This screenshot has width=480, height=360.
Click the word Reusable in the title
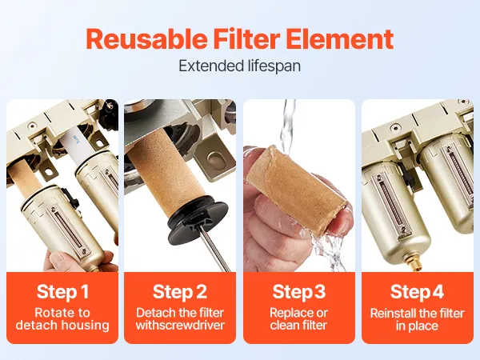pos(146,39)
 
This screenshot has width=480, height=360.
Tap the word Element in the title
pos(340,39)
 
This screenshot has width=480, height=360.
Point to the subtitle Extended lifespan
pos(240,66)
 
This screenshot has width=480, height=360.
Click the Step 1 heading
pos(62,291)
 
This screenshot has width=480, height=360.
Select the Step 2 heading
pos(180,291)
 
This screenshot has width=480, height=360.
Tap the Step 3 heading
pos(299,291)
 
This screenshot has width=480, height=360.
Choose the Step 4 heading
pos(417,291)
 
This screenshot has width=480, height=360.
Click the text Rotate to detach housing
pos(62,319)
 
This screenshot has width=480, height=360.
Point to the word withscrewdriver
pos(180,325)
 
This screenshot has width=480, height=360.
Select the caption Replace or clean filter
pos(299,319)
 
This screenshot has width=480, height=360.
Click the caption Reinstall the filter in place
pos(417,319)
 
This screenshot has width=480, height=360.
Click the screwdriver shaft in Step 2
pos(214,250)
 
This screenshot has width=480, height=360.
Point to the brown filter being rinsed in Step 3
pos(298,188)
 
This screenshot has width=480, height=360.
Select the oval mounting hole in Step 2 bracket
pos(215,159)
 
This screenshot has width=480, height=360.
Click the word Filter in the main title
pos(246,39)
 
